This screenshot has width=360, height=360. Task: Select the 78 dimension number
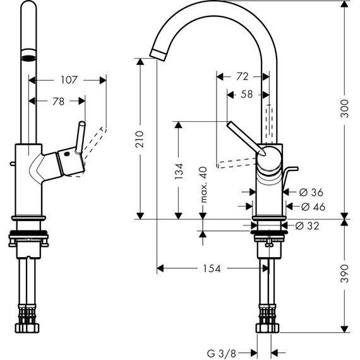[58, 101]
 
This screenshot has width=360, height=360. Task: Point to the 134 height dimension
[179, 170]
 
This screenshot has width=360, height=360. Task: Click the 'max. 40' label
[203, 184]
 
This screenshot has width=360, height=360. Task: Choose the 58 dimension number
[248, 94]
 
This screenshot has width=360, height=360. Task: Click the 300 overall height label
[344, 109]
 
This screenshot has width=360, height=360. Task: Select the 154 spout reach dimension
[212, 268]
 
